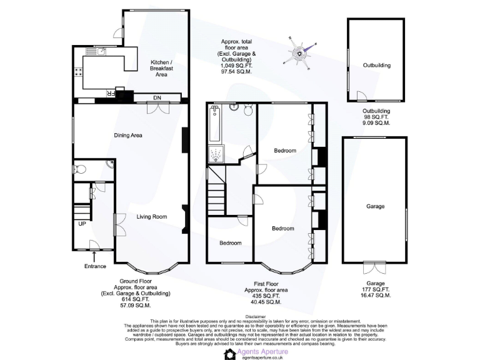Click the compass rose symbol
(301, 52)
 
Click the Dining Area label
(129, 135)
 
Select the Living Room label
(152, 217)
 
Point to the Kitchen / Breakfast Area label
(162, 68)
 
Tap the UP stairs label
(82, 224)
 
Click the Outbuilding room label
(377, 65)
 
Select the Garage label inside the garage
(376, 206)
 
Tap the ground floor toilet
(79, 169)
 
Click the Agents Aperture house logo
(230, 354)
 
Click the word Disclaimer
(256, 316)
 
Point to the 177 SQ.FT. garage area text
(376, 289)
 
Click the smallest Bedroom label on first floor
(231, 242)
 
